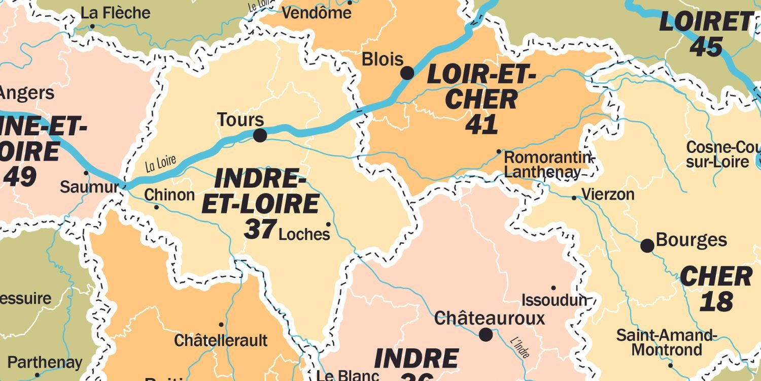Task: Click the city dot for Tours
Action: (260, 135)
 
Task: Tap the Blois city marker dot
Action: (407, 73)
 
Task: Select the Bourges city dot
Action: (647, 246)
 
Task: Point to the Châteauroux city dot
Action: (486, 334)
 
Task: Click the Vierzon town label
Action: (608, 195)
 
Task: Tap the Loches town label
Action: (304, 234)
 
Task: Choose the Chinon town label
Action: (169, 195)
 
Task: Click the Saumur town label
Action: (89, 186)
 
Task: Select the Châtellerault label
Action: (221, 340)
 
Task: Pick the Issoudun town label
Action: (554, 300)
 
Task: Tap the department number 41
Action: (481, 124)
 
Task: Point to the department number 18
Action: (716, 301)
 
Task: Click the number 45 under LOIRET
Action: (706, 47)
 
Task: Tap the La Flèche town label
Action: (116, 13)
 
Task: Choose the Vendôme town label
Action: (316, 13)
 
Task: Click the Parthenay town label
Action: (45, 363)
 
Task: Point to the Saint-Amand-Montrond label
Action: (666, 342)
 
